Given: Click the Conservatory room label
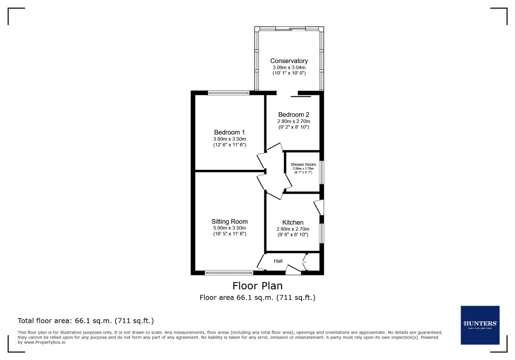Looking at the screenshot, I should coord(289,61).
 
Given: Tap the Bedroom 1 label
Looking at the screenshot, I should coord(229,132).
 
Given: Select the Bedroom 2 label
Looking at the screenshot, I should coord(294,115).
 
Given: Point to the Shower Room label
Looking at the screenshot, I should coord(303,164).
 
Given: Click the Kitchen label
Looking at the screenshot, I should coord(293,222).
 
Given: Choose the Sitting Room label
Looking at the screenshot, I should coord(229,221).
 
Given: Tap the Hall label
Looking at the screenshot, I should coord(278,261).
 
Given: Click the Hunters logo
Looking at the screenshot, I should coord(480,325).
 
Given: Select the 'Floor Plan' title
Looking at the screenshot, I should coord(257,286).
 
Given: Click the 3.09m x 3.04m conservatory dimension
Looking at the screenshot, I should coord(289,68).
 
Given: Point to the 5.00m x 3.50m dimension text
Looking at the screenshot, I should coord(229,228).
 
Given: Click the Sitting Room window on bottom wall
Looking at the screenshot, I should coord(229,273).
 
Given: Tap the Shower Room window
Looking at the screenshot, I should coord(322,172).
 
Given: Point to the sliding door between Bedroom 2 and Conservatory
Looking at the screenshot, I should coord(301,97).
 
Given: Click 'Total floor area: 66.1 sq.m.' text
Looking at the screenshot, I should coord(85,321).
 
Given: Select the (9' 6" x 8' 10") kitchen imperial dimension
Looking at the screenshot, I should coord(293,235).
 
